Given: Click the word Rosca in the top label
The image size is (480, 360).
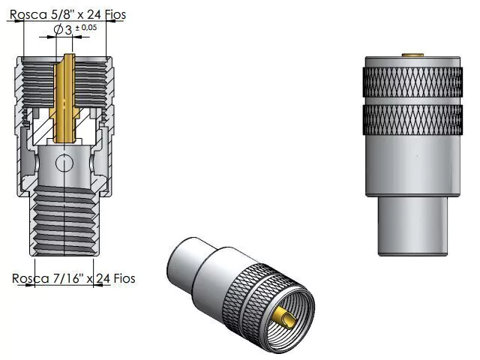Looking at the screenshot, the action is click(x=28, y=14).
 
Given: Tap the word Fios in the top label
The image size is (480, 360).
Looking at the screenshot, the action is click(x=115, y=14).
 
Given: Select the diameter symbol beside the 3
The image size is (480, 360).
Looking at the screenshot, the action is click(x=58, y=30).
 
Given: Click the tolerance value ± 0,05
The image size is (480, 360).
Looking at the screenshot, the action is click(x=86, y=28).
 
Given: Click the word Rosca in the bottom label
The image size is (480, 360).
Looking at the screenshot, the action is click(x=30, y=278).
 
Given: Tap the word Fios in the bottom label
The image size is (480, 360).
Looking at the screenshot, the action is click(x=124, y=278).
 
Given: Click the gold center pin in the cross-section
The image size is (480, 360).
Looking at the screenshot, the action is click(x=64, y=98).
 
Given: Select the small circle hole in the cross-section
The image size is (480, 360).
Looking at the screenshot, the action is click(x=64, y=163).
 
